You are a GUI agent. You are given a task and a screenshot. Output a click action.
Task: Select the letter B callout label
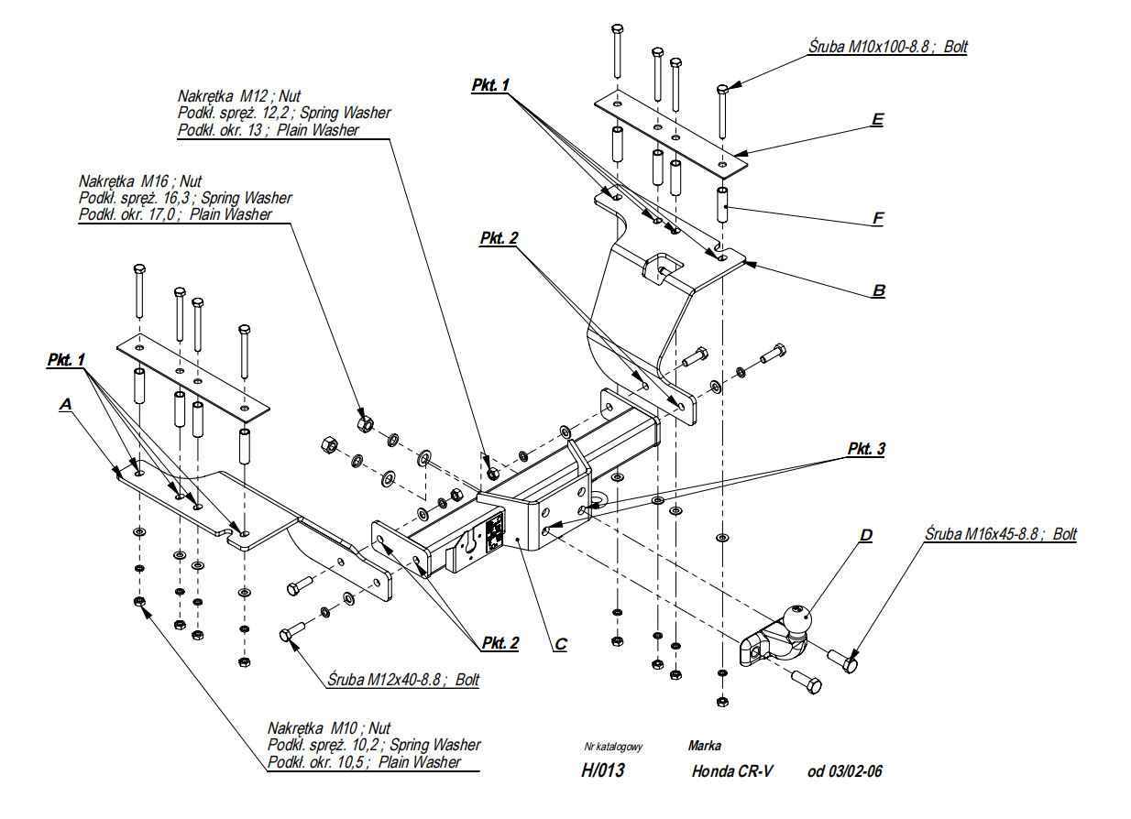pyautogui.click(x=878, y=291)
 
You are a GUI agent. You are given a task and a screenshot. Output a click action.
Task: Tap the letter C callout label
pyautogui.click(x=560, y=644)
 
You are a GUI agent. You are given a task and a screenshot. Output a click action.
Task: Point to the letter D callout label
pyautogui.click(x=865, y=535)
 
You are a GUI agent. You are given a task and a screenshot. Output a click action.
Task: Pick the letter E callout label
pyautogui.click(x=878, y=119)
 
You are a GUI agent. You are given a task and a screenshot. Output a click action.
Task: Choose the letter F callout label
pyautogui.click(x=878, y=219)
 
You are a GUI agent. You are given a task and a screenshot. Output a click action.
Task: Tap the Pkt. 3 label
pyautogui.click(x=866, y=450)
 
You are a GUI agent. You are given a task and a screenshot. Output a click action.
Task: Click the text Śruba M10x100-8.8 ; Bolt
pyautogui.click(x=887, y=45)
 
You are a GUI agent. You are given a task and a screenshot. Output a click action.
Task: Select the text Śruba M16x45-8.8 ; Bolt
pyautogui.click(x=1000, y=534)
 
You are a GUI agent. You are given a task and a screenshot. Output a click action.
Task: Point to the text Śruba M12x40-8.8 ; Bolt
pyautogui.click(x=403, y=680)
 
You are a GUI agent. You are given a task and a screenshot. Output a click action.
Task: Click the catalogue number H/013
pyautogui.click(x=602, y=771)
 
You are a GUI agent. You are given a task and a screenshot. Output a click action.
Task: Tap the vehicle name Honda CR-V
pyautogui.click(x=732, y=771)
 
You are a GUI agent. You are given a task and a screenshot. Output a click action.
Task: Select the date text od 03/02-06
pyautogui.click(x=845, y=771)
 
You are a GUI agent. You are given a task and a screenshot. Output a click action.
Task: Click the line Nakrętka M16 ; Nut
pyautogui.click(x=140, y=181)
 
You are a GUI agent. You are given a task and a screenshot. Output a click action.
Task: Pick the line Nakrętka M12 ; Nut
pyautogui.click(x=239, y=96)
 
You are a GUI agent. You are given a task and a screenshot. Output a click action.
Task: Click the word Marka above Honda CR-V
pyautogui.click(x=704, y=746)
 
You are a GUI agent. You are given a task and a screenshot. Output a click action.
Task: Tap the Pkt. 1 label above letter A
pyautogui.click(x=66, y=361)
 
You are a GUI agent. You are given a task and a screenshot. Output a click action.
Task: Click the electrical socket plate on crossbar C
pyautogui.click(x=494, y=531)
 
